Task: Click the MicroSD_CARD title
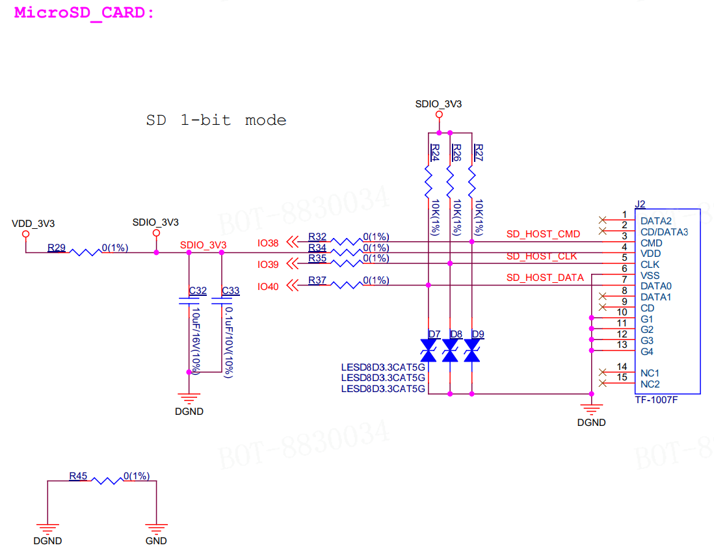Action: pyautogui.click(x=85, y=13)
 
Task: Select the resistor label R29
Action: pyautogui.click(x=57, y=248)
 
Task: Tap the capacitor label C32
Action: pyautogui.click(x=198, y=291)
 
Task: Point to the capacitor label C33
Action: pyautogui.click(x=230, y=291)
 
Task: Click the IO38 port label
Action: pyautogui.click(x=268, y=243)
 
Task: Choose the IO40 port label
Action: pyautogui.click(x=268, y=286)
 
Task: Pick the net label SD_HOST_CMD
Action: pyautogui.click(x=543, y=234)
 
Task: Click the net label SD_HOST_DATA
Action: pyautogui.click(x=545, y=278)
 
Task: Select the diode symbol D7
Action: pyautogui.click(x=429, y=350)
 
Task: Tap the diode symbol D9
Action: pyautogui.click(x=471, y=350)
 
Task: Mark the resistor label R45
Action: pyautogui.click(x=78, y=476)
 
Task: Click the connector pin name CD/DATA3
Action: pyautogui.click(x=664, y=232)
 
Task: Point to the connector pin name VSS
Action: pyautogui.click(x=650, y=276)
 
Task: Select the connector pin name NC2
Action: pyautogui.click(x=650, y=384)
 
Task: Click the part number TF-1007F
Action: pyautogui.click(x=656, y=400)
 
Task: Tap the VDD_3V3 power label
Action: pyautogui.click(x=33, y=224)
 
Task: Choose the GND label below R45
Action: pyautogui.click(x=156, y=541)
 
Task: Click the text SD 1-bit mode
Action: pyautogui.click(x=217, y=120)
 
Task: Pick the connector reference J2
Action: pyautogui.click(x=641, y=204)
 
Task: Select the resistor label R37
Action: pyautogui.click(x=317, y=280)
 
